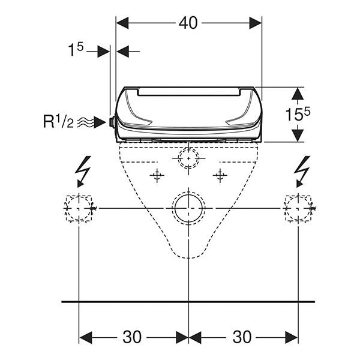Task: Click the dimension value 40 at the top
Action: pos(188,23)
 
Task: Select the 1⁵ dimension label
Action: pos(76,50)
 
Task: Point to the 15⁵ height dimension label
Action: pos(298,114)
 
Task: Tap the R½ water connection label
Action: pos(59,121)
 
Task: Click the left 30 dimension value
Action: pos(132,337)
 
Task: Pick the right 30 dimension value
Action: pos(242,337)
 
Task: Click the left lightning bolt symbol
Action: pos(83,172)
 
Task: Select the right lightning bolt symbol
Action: pos(302,172)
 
